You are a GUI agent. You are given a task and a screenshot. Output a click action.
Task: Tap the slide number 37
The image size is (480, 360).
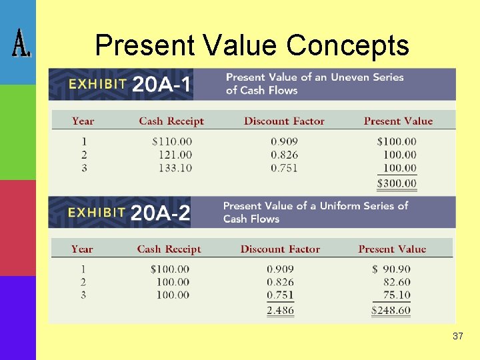457,336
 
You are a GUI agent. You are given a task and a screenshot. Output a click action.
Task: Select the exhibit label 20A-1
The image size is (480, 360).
162,85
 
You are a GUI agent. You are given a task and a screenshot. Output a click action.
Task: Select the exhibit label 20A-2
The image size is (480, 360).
161,213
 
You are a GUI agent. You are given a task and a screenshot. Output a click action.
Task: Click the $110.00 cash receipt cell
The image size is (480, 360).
172,141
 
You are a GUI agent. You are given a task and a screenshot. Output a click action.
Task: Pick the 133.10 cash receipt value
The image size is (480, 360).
175,168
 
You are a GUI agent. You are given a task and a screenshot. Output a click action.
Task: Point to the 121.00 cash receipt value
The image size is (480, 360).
175,155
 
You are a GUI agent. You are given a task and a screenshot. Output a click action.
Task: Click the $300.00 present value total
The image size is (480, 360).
397,183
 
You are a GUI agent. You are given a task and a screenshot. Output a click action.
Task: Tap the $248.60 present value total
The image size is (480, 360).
391,310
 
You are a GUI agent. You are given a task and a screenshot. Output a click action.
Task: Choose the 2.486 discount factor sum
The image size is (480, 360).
280,310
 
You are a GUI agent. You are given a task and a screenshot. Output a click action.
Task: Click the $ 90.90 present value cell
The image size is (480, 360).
391,269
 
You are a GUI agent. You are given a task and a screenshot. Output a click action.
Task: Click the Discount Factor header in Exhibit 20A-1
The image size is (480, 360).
284,121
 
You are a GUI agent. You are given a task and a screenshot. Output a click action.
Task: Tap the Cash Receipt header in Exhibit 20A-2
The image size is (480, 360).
169,249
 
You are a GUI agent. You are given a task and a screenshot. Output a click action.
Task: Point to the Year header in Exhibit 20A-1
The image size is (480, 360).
83,121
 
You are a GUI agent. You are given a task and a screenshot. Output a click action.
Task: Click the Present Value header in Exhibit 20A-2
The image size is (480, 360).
392,249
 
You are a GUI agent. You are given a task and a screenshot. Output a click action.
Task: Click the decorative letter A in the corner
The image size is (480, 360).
20,45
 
